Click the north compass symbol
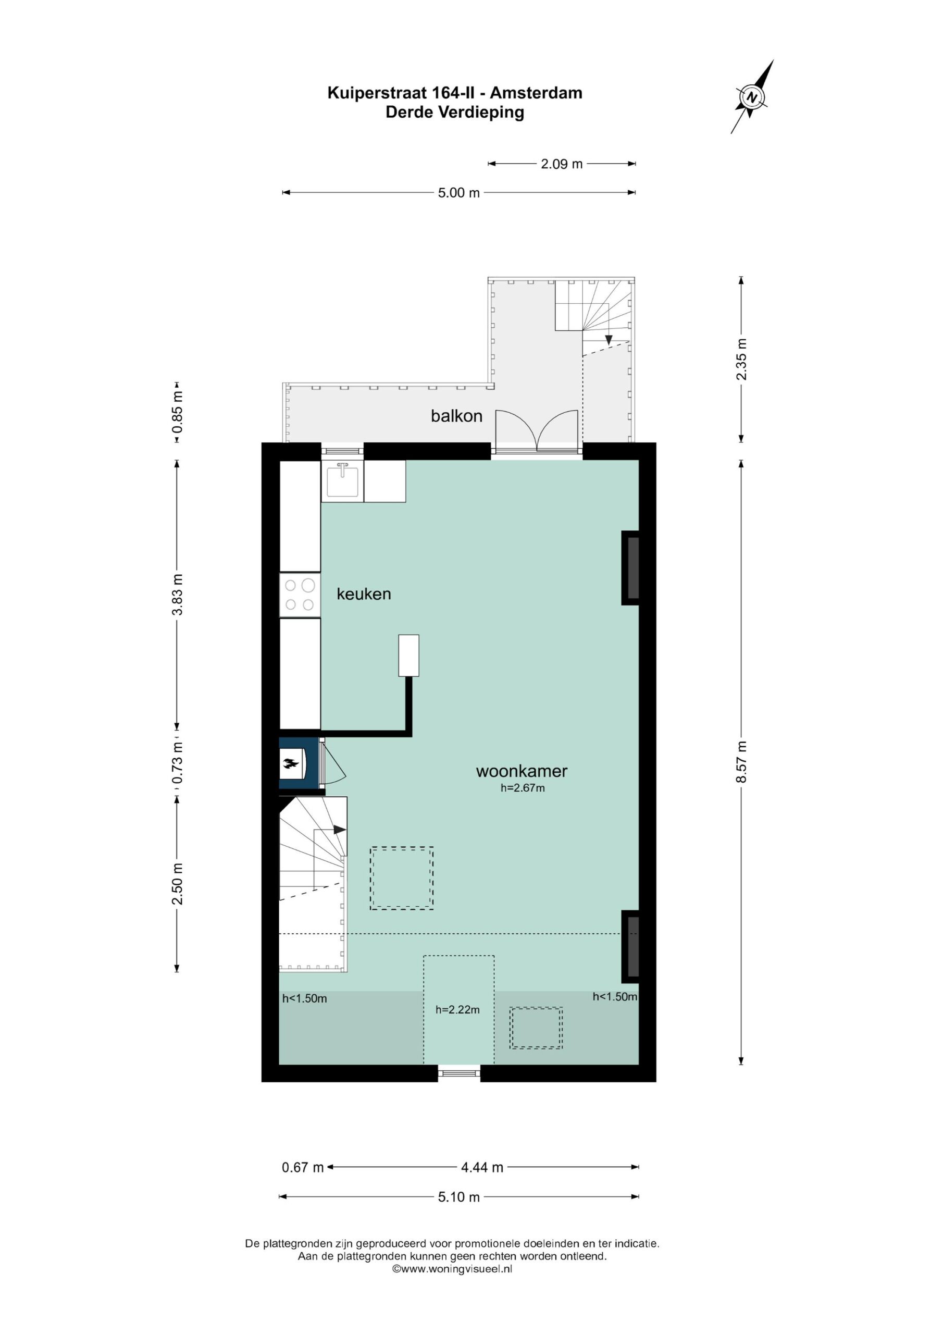pyautogui.click(x=752, y=97)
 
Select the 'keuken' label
pyautogui.click(x=364, y=594)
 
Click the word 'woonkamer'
pyautogui.click(x=522, y=771)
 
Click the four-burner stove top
pyautogui.click(x=300, y=595)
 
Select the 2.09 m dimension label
pyautogui.click(x=561, y=164)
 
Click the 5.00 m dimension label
pyautogui.click(x=458, y=192)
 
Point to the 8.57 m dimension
pyautogui.click(x=741, y=762)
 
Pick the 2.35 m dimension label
pyautogui.click(x=741, y=359)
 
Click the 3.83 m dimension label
pyautogui.click(x=177, y=594)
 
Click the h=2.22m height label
pyautogui.click(x=457, y=1010)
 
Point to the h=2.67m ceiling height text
pyautogui.click(x=523, y=788)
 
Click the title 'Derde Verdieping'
pyautogui.click(x=455, y=112)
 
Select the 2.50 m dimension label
pyautogui.click(x=177, y=884)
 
